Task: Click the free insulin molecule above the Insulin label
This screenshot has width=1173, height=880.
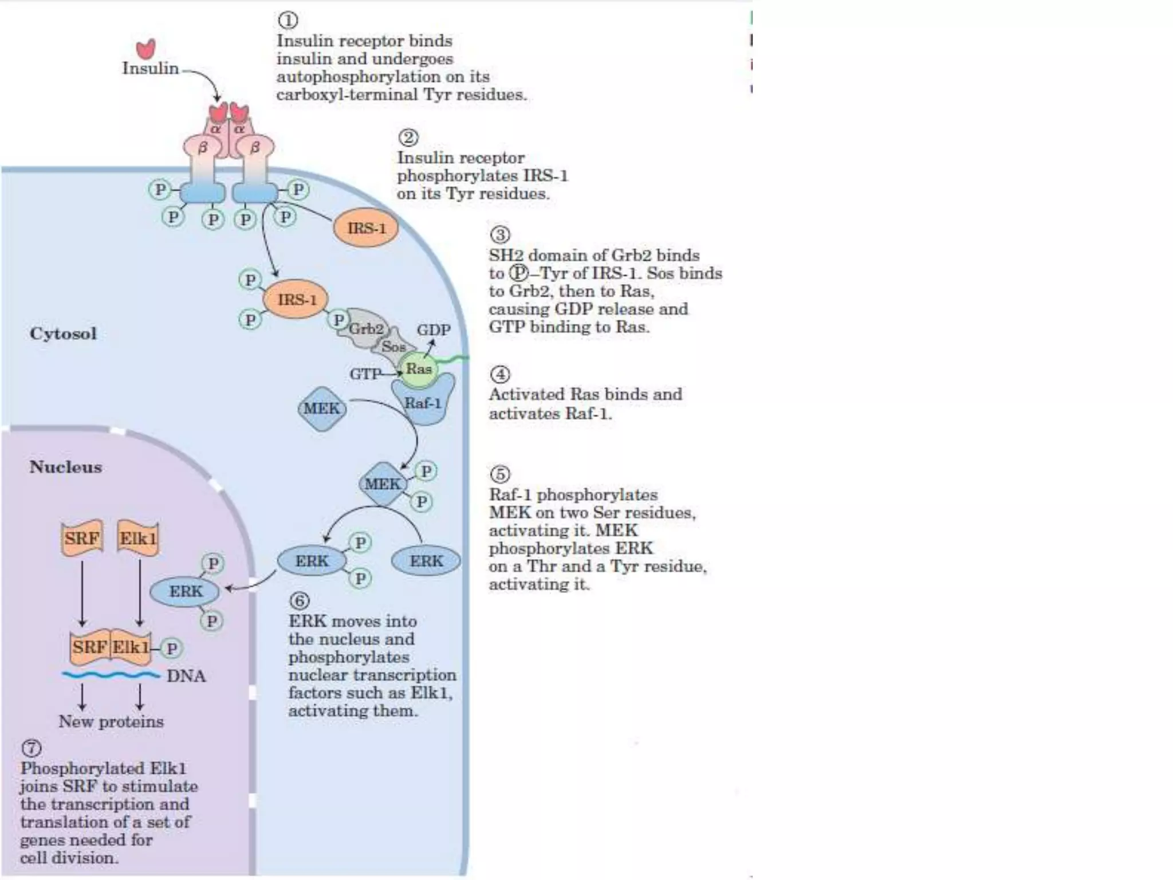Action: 146,49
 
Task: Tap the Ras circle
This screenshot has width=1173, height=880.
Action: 419,369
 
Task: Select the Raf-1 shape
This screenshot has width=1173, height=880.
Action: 423,403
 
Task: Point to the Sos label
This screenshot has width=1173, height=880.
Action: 393,347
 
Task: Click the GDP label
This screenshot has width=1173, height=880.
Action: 434,330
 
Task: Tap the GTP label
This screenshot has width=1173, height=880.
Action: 365,374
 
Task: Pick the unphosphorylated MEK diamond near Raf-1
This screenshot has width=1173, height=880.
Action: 322,408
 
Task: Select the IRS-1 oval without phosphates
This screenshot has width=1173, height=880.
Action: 366,228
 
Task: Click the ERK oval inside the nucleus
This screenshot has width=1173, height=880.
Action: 185,591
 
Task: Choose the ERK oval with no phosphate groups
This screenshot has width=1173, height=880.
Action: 426,561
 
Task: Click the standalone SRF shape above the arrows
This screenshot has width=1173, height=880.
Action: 82,538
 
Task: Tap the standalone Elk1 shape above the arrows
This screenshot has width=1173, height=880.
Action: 138,538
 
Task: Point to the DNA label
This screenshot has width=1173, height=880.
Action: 186,676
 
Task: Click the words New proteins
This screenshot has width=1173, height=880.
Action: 111,721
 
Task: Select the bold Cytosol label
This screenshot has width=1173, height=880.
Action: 63,333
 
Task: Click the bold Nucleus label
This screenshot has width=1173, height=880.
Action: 66,467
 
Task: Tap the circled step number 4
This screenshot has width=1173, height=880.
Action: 500,374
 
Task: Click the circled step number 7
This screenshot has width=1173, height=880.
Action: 32,748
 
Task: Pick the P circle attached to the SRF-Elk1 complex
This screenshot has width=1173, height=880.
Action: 171,648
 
